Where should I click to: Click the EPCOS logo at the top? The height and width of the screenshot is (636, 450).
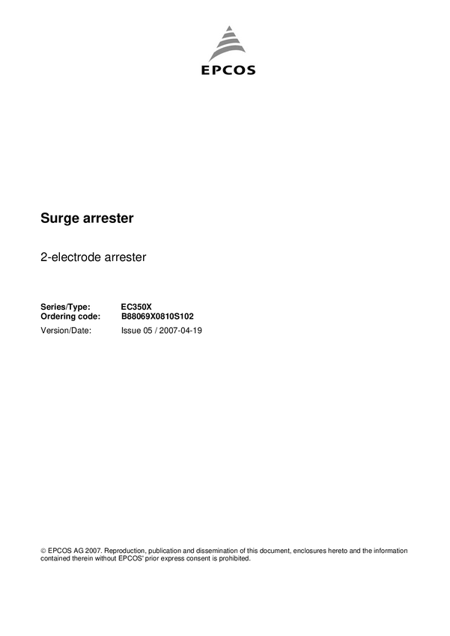228,49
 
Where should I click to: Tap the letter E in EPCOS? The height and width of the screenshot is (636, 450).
206,71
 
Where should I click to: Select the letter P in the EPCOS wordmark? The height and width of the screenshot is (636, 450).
216,71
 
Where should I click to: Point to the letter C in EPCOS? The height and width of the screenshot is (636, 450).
227,71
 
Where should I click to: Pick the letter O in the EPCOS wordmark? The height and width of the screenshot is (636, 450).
239,71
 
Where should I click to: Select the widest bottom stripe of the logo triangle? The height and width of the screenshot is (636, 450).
228,57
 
